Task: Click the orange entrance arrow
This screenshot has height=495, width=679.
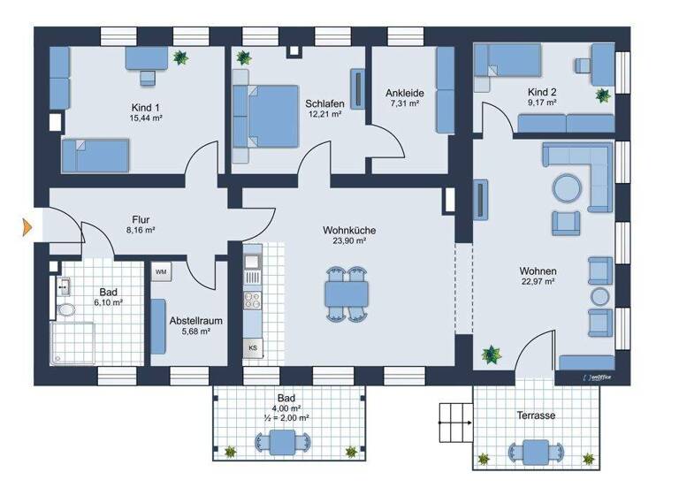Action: coord(27,228)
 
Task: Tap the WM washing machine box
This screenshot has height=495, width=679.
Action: coord(161,272)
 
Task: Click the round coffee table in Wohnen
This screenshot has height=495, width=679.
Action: coord(567,187)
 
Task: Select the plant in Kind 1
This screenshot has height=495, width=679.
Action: coord(181,58)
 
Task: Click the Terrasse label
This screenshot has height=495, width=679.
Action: coord(537,415)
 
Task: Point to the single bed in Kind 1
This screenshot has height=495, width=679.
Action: coord(95,156)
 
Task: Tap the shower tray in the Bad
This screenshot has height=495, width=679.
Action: coord(72,344)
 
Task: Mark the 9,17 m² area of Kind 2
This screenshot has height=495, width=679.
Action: coord(542,103)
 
